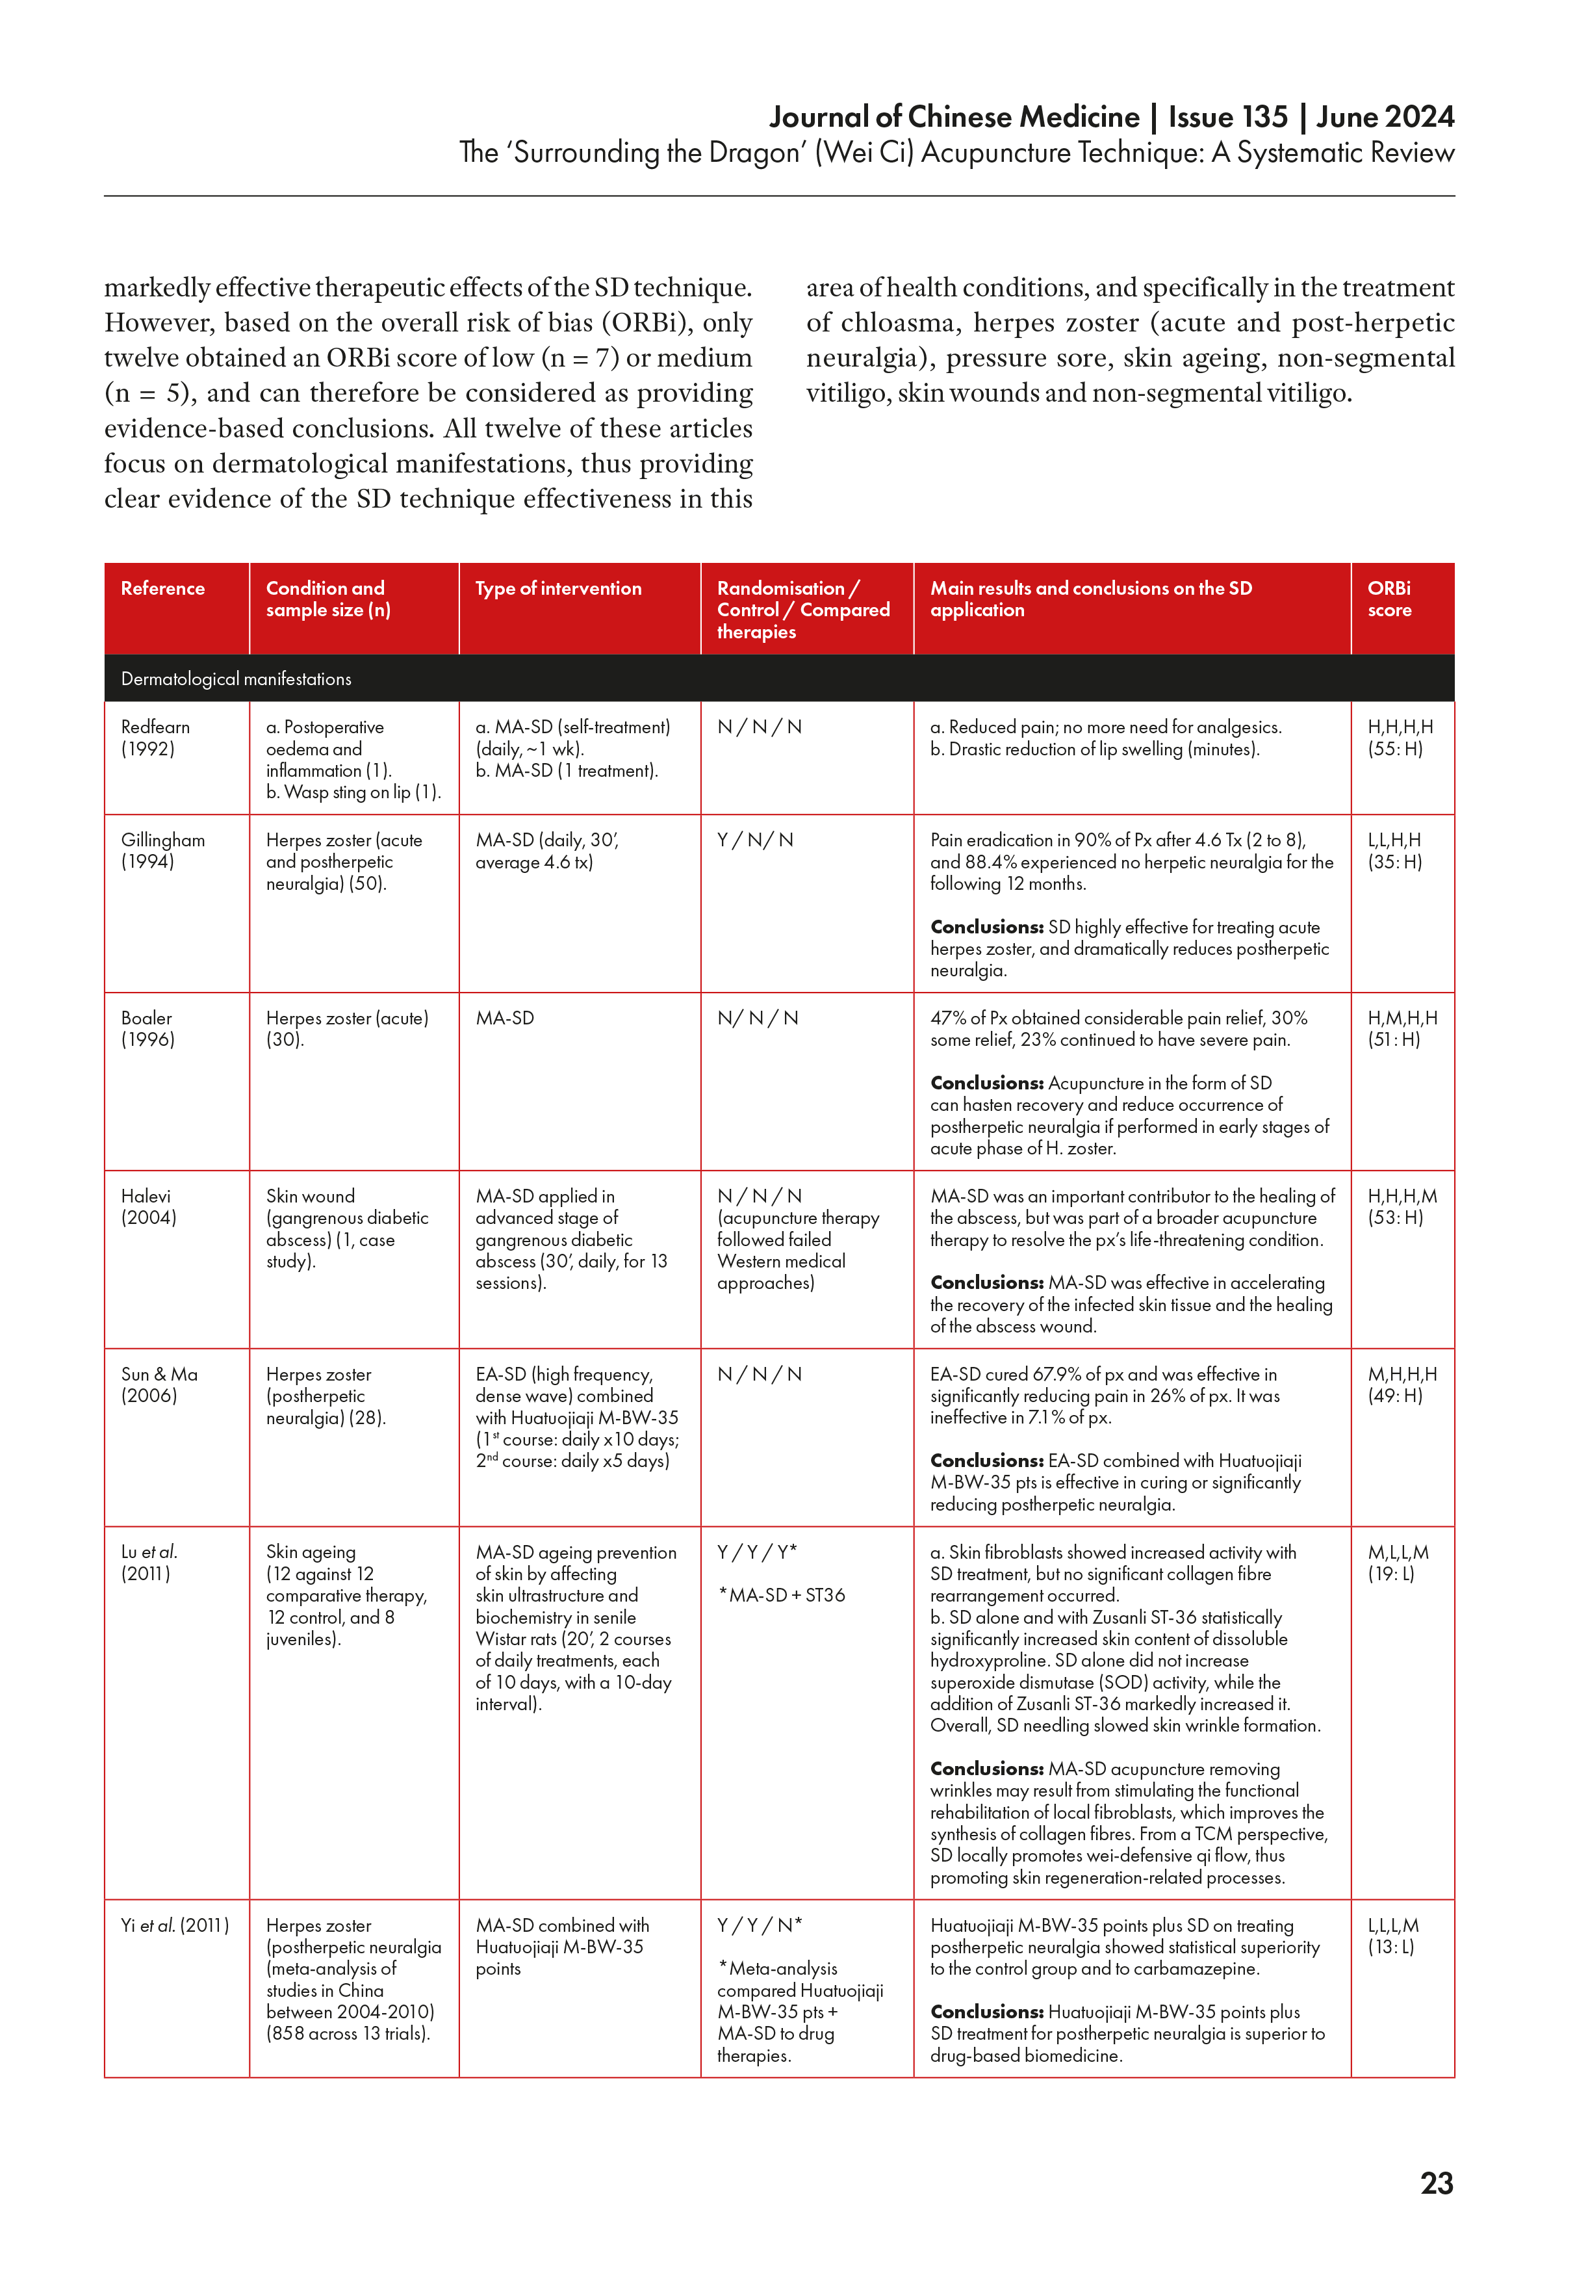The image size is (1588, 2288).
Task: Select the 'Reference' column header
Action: (x=163, y=588)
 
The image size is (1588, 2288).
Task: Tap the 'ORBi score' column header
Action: (x=1389, y=599)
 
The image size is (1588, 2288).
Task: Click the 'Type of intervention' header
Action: (x=558, y=588)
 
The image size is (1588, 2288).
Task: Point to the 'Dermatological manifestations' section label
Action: (x=236, y=679)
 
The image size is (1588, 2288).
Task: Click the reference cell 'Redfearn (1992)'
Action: (x=155, y=738)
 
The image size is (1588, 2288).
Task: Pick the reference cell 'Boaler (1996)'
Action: (x=147, y=1028)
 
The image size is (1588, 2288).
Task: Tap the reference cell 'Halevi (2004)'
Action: (x=148, y=1206)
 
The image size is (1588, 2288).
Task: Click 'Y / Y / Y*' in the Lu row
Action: (x=757, y=1552)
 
